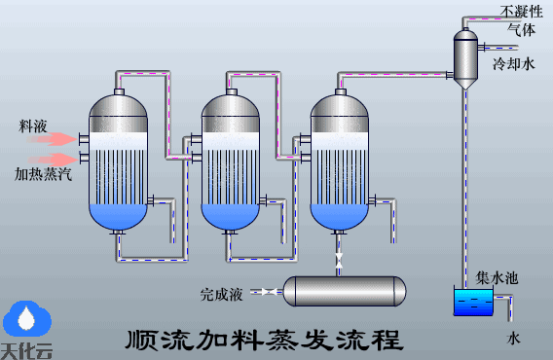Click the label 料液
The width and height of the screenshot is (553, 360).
(33, 126)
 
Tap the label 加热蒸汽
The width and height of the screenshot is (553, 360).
(42, 174)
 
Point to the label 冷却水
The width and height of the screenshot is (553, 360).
(514, 64)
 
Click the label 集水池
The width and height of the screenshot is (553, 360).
(497, 278)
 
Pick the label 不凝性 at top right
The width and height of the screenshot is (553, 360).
(521, 11)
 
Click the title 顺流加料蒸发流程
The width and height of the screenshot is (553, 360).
(264, 341)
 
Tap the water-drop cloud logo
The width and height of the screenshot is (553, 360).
(26, 318)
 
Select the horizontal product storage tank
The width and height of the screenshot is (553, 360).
(343, 291)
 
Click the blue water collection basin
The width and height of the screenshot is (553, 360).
(473, 303)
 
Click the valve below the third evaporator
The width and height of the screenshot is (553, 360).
(339, 261)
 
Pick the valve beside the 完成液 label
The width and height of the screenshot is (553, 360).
(266, 291)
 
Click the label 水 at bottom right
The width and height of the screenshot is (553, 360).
(514, 339)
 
